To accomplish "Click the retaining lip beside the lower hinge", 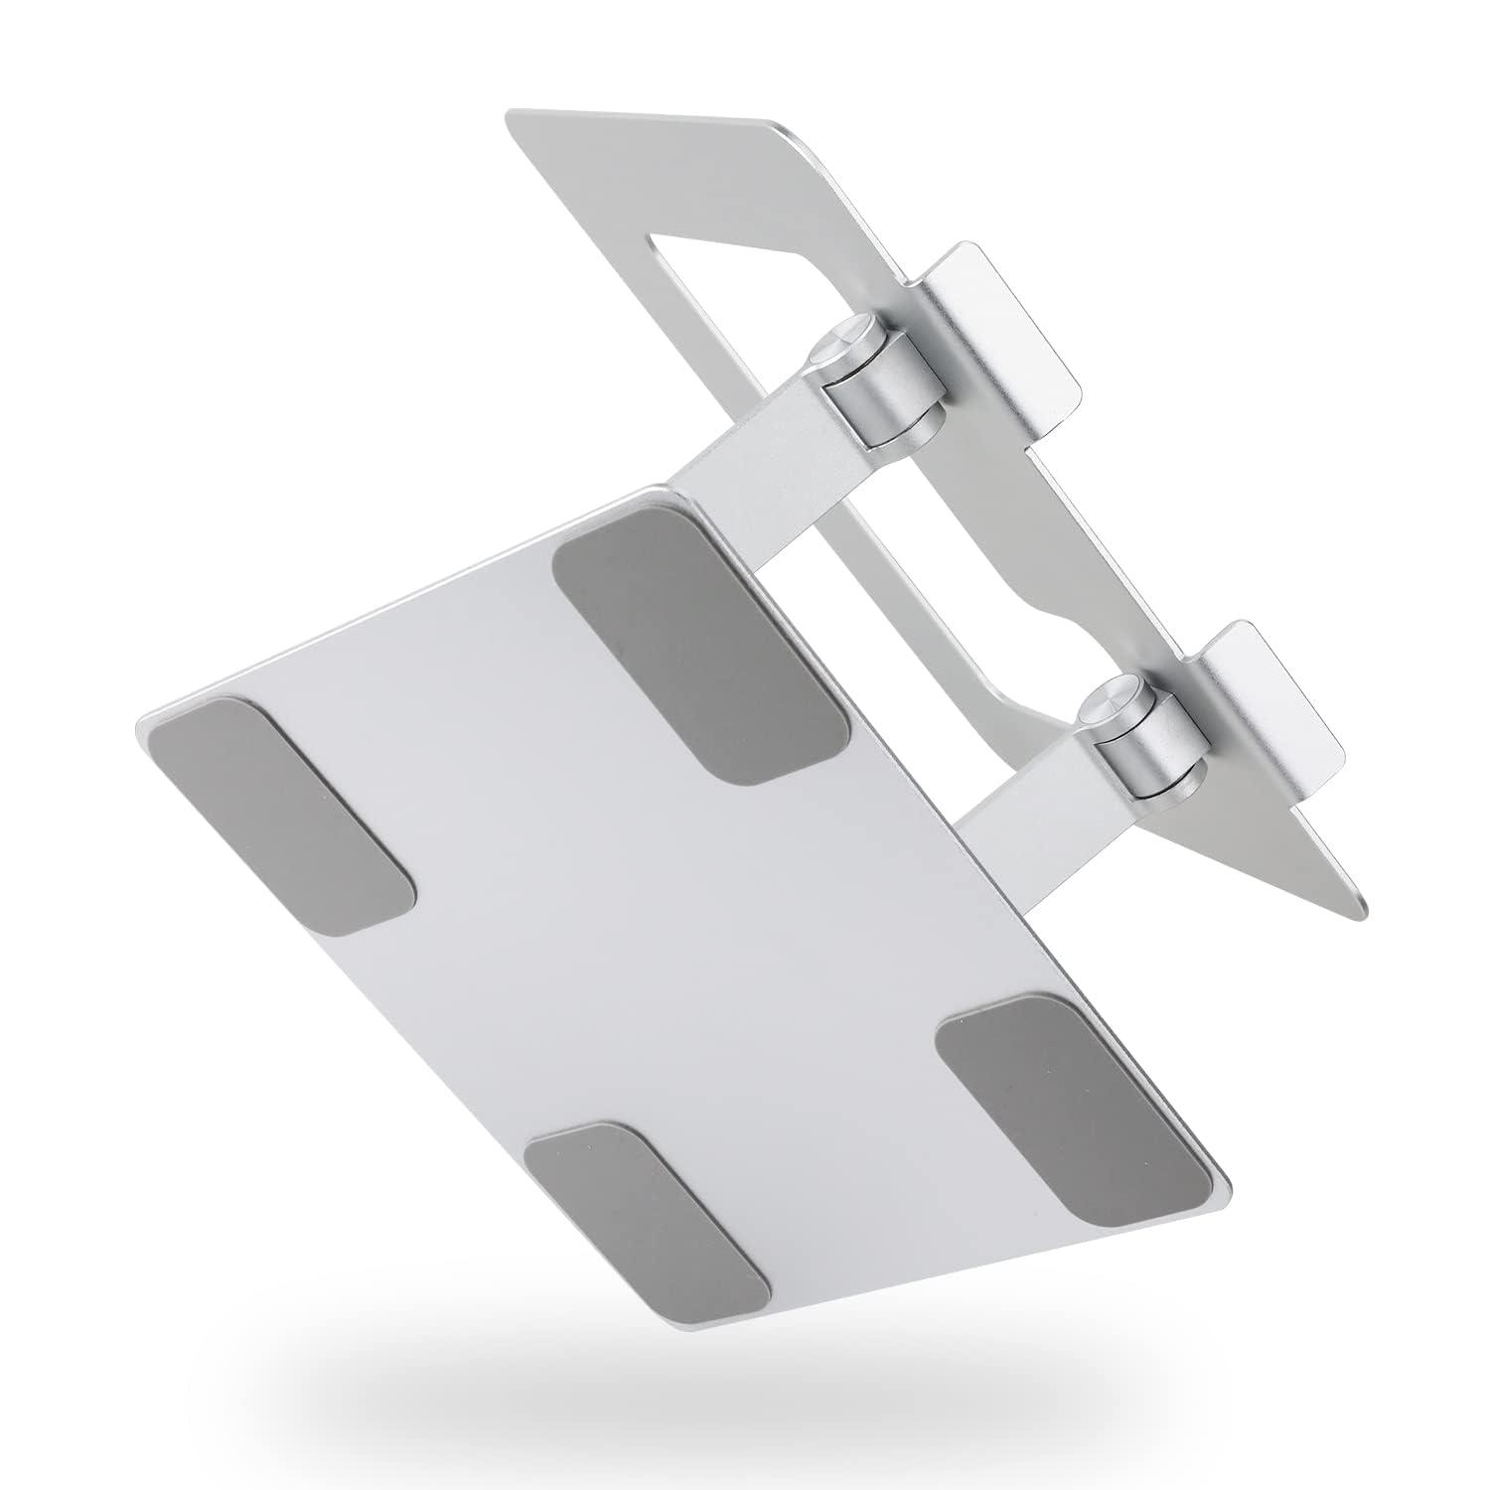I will pyautogui.click(x=1271, y=695).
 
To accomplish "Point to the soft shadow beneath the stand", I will pyautogui.click(x=745, y=1391).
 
